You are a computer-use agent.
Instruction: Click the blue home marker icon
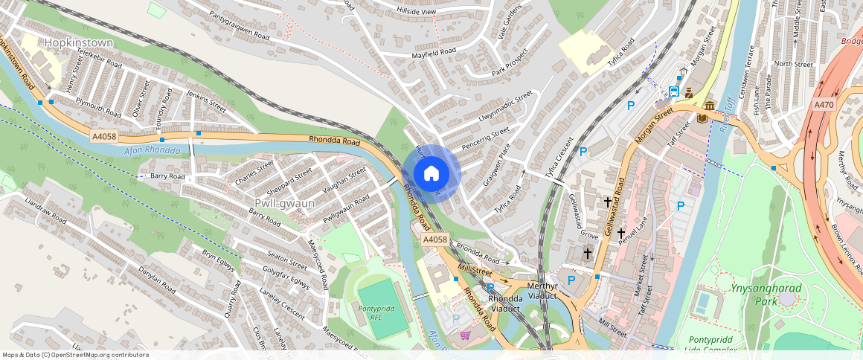click(x=431, y=173)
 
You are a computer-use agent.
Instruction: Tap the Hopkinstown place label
click(x=79, y=43)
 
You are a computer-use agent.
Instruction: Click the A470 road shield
click(x=824, y=104)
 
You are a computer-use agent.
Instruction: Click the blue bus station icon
click(x=674, y=91)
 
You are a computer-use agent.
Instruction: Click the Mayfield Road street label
click(x=434, y=54)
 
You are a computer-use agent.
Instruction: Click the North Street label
click(x=793, y=65)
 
